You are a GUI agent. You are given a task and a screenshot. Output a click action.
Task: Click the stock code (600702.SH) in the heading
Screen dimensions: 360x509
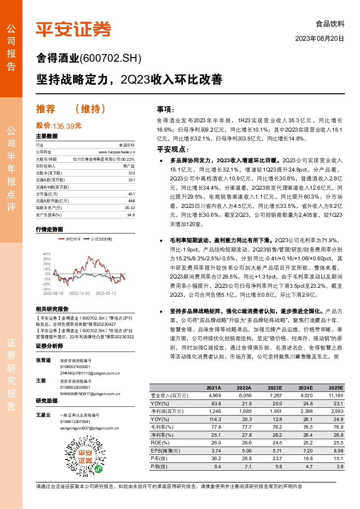(x=111, y=59)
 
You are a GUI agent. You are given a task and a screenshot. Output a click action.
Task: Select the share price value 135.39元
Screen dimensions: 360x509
(x=67, y=126)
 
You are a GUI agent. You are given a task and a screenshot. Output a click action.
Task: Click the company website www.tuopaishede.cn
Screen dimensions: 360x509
(x=117, y=152)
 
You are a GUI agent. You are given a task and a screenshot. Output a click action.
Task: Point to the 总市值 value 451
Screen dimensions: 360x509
(x=132, y=194)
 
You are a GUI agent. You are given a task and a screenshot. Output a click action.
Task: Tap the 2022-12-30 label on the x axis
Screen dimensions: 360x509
(x=80, y=293)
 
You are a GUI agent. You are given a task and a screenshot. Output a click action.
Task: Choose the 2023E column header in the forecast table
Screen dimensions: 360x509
(x=275, y=388)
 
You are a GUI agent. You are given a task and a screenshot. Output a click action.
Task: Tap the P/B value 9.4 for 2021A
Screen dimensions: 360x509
(x=217, y=466)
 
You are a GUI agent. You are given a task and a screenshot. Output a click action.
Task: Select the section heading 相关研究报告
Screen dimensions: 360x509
(x=52, y=309)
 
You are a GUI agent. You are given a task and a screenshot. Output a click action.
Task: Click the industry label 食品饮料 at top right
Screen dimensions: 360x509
(x=330, y=23)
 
